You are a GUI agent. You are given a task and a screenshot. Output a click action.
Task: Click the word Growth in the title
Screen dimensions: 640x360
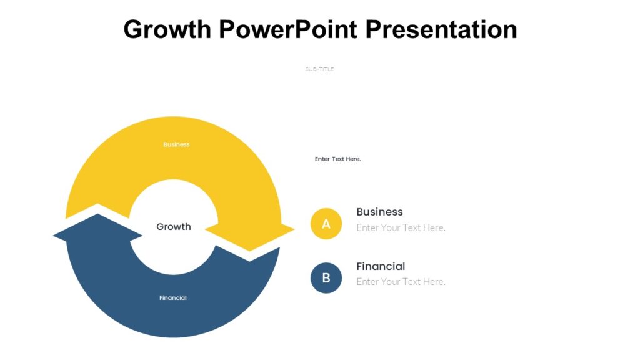click(x=167, y=29)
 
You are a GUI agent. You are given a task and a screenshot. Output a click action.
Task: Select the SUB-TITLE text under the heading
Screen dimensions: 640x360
click(x=319, y=69)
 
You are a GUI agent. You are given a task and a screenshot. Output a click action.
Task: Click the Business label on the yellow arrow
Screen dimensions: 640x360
click(x=176, y=144)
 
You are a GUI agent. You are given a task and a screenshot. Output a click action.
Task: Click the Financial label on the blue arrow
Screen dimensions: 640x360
click(x=173, y=298)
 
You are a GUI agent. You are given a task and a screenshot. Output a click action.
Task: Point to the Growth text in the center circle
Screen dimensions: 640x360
click(x=174, y=227)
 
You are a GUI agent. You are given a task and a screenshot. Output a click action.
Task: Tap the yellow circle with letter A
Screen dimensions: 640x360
click(x=326, y=224)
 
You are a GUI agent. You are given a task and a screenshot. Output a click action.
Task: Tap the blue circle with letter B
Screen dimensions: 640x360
click(x=326, y=278)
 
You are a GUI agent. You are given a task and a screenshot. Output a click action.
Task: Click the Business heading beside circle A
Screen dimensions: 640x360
click(x=379, y=212)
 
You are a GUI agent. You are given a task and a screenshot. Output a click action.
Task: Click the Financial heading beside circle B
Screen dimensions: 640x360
click(x=381, y=266)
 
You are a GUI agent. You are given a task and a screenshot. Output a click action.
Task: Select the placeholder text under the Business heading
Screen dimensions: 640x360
click(x=401, y=227)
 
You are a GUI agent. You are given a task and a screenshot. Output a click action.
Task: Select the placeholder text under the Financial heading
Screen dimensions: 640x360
click(x=401, y=282)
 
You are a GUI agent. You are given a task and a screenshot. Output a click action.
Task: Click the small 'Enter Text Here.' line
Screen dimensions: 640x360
click(x=337, y=159)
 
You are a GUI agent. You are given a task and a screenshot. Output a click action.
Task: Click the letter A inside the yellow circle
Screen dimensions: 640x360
click(x=326, y=224)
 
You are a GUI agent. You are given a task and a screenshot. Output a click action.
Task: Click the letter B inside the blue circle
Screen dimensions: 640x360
click(x=326, y=278)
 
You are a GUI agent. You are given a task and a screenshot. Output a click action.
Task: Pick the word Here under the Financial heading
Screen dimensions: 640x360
click(x=434, y=282)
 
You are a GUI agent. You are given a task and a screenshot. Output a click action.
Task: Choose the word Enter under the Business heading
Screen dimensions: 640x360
click(x=367, y=227)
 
